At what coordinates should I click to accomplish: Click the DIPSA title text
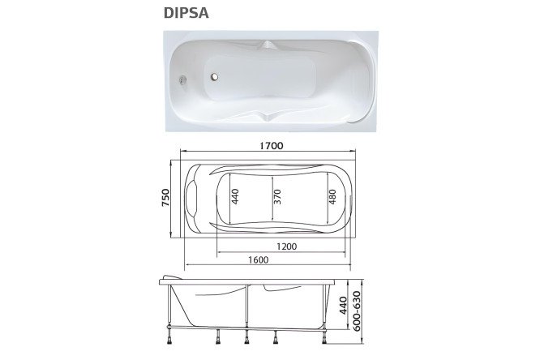point(186,13)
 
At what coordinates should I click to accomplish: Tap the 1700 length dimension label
point(272,146)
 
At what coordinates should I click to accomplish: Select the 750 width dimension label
point(165,198)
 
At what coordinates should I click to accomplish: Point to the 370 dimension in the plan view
point(277,197)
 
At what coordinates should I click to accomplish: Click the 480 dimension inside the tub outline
point(332,197)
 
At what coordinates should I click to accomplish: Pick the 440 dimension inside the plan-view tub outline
point(235,196)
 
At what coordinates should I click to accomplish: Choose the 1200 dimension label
point(286,246)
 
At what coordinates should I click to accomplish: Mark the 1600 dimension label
point(259,259)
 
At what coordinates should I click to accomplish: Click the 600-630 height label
point(357,311)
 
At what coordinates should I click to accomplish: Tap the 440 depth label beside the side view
point(343,306)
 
